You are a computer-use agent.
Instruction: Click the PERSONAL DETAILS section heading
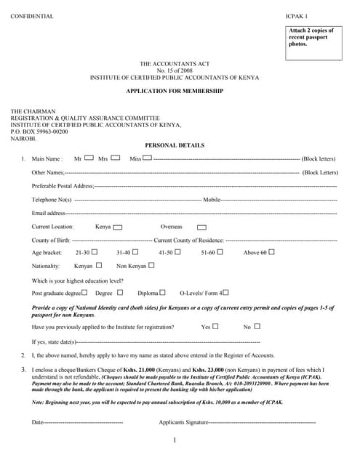[175, 145]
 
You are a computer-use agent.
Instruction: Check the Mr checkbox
[89, 157]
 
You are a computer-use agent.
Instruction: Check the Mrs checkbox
[115, 157]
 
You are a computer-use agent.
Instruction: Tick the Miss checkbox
[148, 157]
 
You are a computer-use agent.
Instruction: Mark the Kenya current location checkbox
[118, 227]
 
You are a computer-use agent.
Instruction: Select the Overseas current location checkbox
[201, 227]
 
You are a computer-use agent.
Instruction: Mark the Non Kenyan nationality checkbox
[151, 265]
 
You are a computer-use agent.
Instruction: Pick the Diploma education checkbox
[164, 292]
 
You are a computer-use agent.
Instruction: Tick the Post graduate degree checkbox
[84, 292]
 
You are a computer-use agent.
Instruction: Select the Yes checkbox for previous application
[216, 326]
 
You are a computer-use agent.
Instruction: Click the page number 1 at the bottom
[175, 441]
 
